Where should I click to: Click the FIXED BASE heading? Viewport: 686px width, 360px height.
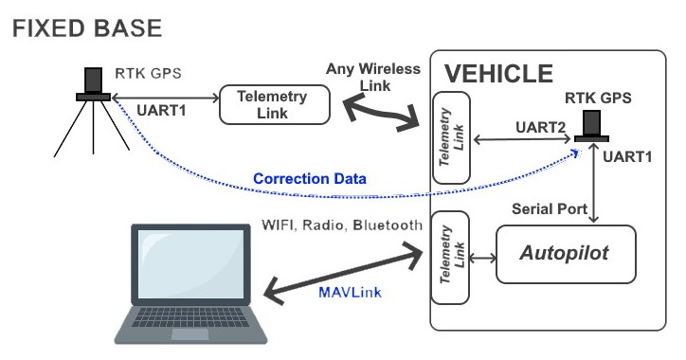click(x=87, y=28)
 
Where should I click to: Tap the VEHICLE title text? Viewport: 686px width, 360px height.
click(x=498, y=74)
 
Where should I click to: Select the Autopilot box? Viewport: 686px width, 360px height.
click(x=566, y=254)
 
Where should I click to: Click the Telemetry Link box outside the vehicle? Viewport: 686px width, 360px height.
click(x=275, y=105)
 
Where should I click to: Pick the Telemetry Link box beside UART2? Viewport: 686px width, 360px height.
click(x=451, y=137)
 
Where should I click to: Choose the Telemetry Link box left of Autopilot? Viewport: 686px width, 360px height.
click(x=450, y=258)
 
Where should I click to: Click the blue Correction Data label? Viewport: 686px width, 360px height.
click(x=310, y=178)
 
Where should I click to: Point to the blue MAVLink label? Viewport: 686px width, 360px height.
click(x=350, y=292)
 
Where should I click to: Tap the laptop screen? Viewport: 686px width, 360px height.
click(x=191, y=263)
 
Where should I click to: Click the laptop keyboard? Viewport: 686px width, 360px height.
click(x=190, y=317)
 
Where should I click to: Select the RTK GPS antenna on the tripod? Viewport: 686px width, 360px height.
click(x=93, y=84)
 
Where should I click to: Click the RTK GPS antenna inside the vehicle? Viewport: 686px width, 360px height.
click(x=591, y=126)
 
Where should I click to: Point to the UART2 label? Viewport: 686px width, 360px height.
click(x=540, y=127)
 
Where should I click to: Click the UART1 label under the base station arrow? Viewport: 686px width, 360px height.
click(x=161, y=110)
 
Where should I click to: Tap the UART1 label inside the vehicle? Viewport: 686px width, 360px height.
click(x=627, y=156)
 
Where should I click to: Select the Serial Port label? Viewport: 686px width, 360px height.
click(x=550, y=208)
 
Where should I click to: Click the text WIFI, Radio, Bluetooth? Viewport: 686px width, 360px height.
click(x=342, y=225)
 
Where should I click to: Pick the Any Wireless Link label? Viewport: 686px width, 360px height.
click(x=373, y=77)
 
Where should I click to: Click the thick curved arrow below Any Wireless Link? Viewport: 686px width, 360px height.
click(x=381, y=114)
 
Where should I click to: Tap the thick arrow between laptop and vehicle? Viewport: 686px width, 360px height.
click(x=343, y=273)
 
